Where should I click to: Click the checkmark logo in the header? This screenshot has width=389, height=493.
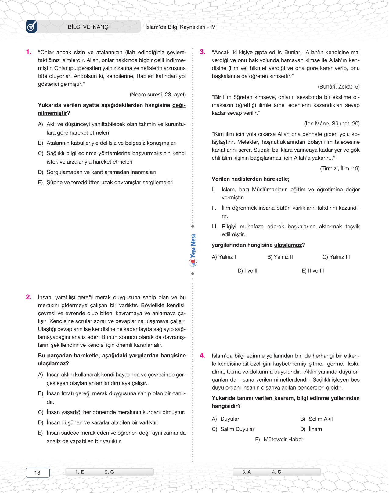click(x=31, y=27)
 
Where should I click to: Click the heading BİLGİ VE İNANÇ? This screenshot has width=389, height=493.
click(x=88, y=27)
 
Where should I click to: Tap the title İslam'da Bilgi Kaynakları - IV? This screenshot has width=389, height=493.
click(x=180, y=27)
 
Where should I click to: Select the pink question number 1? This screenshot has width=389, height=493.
click(x=29, y=52)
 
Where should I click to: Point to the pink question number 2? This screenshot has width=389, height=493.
click(x=29, y=297)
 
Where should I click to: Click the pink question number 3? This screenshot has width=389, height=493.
click(x=203, y=52)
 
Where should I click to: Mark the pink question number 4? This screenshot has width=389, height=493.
click(x=203, y=356)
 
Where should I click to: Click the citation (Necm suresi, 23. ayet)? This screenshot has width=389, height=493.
click(x=158, y=95)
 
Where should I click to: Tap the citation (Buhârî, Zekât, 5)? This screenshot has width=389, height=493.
click(x=339, y=87)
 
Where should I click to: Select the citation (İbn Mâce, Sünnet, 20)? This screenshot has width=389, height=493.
click(x=332, y=124)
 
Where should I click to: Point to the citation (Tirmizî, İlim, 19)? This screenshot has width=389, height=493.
click(x=340, y=169)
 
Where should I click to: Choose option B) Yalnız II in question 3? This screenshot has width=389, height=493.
click(x=280, y=257)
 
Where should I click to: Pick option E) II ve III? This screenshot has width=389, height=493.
click(x=313, y=271)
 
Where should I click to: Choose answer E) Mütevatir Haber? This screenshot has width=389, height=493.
click(x=279, y=440)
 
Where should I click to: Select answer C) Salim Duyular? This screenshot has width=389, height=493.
click(x=233, y=429)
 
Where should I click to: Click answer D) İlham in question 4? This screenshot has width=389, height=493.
click(x=311, y=429)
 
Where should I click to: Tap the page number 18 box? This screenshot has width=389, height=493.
click(x=38, y=473)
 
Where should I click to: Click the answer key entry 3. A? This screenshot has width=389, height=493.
click(x=247, y=472)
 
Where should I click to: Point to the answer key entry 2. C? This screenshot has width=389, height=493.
click(x=109, y=472)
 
